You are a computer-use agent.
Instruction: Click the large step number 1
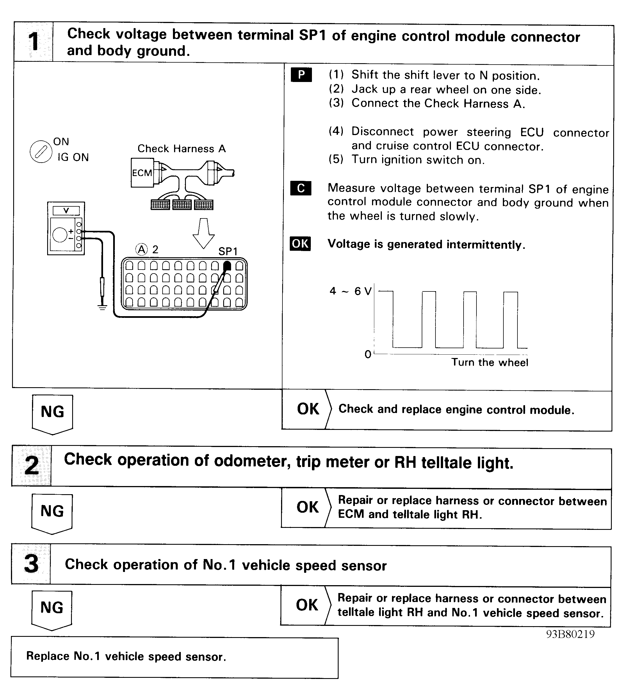pyautogui.click(x=34, y=42)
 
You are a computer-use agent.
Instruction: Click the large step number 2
pyautogui.click(x=32, y=466)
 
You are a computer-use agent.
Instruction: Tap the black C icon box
pyautogui.click(x=301, y=188)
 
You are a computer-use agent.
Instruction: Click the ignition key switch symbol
pyautogui.click(x=41, y=151)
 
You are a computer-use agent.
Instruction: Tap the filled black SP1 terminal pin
pyautogui.click(x=227, y=266)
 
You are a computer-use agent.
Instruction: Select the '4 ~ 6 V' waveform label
pyautogui.click(x=351, y=291)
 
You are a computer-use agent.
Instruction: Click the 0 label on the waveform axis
pyautogui.click(x=368, y=354)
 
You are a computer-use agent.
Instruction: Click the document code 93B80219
pyautogui.click(x=571, y=634)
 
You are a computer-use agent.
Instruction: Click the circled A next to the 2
pyautogui.click(x=142, y=249)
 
